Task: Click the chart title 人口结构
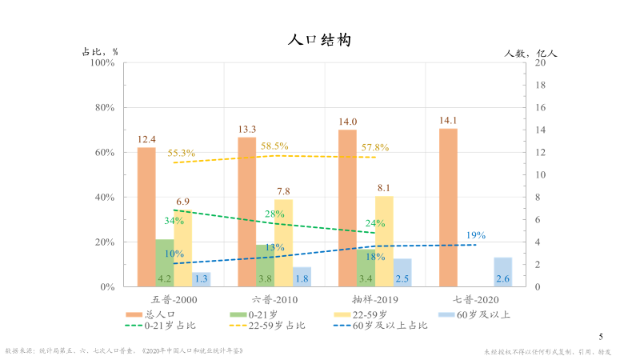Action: (x=319, y=40)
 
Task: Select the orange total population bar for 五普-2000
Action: (x=146, y=216)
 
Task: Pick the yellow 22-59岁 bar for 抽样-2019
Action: (x=384, y=240)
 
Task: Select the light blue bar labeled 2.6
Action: (x=502, y=271)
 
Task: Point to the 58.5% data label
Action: (x=274, y=146)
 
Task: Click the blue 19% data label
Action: (x=476, y=235)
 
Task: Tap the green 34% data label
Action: (x=174, y=221)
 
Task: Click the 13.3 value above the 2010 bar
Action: (x=246, y=129)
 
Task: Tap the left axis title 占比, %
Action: (x=100, y=51)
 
